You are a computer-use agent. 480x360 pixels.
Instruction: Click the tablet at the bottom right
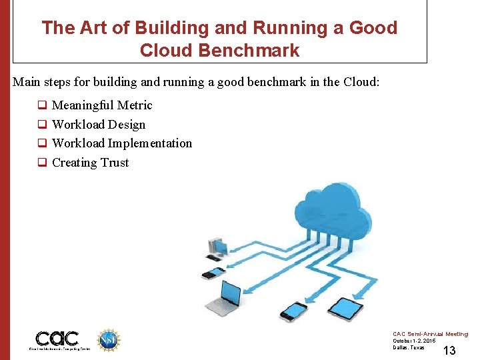click(347, 308)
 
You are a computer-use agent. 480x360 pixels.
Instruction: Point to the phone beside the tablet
click(294, 310)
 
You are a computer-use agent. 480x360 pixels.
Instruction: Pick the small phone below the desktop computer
click(213, 272)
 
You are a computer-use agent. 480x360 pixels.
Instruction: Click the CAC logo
click(57, 339)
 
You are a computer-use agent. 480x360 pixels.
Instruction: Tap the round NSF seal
click(108, 339)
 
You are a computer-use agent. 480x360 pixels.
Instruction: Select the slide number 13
click(449, 351)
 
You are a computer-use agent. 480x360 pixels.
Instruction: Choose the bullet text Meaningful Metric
click(102, 105)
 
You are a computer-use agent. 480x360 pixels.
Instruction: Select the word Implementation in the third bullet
click(150, 143)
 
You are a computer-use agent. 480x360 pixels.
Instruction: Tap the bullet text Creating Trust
click(90, 163)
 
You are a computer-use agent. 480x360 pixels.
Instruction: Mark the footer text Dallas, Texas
click(408, 347)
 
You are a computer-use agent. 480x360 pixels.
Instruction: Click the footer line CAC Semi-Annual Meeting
click(430, 334)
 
